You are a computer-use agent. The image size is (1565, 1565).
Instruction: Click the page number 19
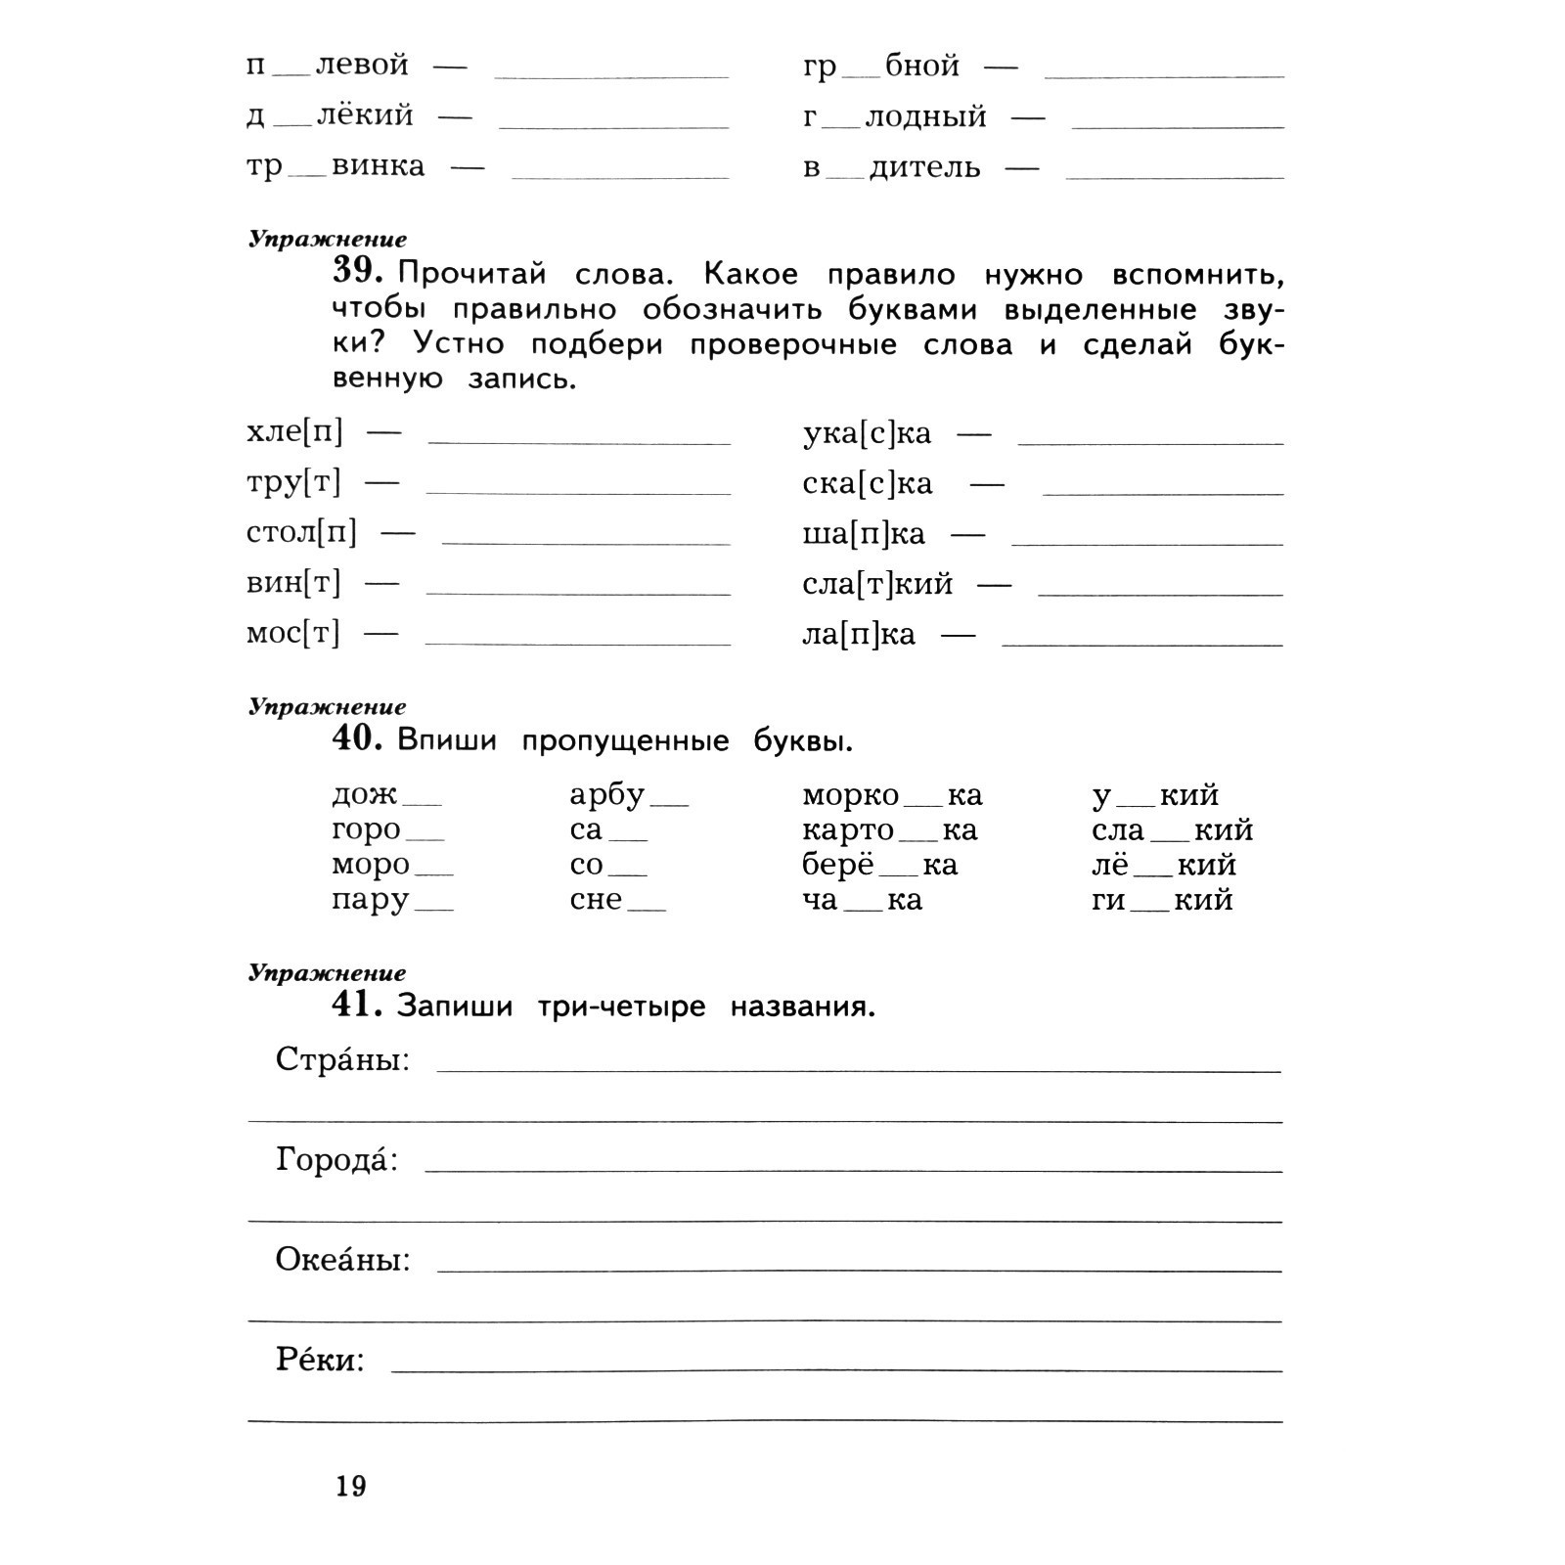pyautogui.click(x=351, y=1487)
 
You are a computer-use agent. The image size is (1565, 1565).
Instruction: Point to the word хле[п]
pyautogui.click(x=294, y=431)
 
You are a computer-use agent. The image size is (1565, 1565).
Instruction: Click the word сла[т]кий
pyautogui.click(x=877, y=584)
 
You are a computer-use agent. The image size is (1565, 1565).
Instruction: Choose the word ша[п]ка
pyautogui.click(x=864, y=534)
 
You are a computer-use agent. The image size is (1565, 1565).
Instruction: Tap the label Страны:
pyautogui.click(x=342, y=1059)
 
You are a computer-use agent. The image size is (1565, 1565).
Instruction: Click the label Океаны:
pyautogui.click(x=342, y=1259)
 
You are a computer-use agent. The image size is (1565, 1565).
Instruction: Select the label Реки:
pyautogui.click(x=320, y=1360)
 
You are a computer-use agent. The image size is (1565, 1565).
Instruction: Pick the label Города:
pyautogui.click(x=337, y=1160)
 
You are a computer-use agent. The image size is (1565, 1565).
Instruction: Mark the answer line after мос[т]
pyautogui.click(x=578, y=643)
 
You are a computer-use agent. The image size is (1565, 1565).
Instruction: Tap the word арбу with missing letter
pyautogui.click(x=629, y=796)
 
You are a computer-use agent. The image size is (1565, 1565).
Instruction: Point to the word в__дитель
pyautogui.click(x=891, y=167)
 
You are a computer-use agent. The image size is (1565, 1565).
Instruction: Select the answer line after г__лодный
pyautogui.click(x=1177, y=126)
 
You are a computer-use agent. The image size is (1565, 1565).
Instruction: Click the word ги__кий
pyautogui.click(x=1162, y=900)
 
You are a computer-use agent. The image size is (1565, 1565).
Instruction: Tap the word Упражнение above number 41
pyautogui.click(x=327, y=973)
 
